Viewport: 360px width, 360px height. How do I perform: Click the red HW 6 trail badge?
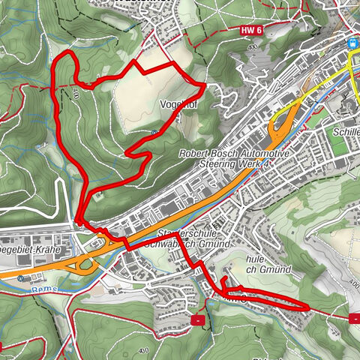point(251,29)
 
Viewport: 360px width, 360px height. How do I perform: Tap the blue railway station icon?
point(352,43)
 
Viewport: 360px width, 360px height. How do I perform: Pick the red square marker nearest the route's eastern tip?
point(353,318)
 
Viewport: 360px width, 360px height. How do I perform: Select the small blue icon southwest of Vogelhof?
point(153,133)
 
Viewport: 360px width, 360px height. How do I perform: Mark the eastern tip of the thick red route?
point(308,307)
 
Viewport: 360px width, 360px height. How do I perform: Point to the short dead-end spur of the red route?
point(223,280)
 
